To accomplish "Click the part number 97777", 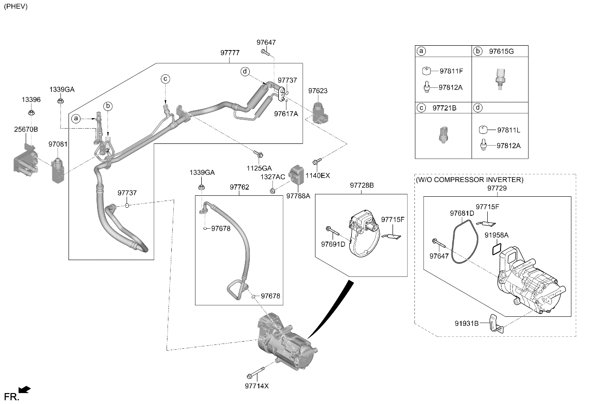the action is [230, 53].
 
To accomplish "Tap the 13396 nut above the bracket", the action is [31, 112].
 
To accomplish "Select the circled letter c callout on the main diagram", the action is [166, 79].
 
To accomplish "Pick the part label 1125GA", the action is [259, 168].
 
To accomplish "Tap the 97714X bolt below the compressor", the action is [256, 373].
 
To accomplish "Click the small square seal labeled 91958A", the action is [497, 249].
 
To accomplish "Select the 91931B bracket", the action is [496, 323].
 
